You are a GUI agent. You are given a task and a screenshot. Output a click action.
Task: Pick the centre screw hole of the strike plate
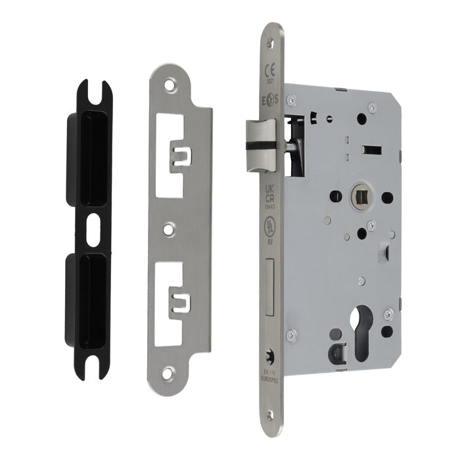(x=170, y=229)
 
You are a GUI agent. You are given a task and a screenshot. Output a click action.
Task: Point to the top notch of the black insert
(x=90, y=92)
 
